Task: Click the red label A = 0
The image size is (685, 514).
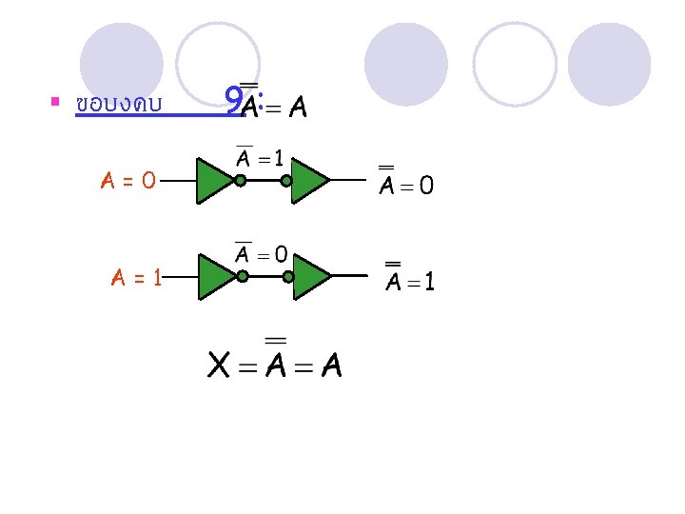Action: click(x=129, y=178)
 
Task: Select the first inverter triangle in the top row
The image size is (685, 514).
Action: click(x=213, y=180)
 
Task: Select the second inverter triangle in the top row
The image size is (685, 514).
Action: click(x=308, y=180)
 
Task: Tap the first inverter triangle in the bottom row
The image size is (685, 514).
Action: click(x=215, y=277)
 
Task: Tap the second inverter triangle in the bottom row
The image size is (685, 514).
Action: click(x=310, y=277)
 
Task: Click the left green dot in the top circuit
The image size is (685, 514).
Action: click(x=241, y=180)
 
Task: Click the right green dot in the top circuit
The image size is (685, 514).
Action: click(x=286, y=180)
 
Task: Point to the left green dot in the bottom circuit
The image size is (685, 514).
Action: click(x=243, y=277)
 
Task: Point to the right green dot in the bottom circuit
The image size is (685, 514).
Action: click(x=288, y=277)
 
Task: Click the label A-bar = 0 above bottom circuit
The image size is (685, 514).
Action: click(x=262, y=253)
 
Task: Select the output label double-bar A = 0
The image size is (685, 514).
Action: click(x=406, y=184)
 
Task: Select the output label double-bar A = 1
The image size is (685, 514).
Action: click(x=410, y=281)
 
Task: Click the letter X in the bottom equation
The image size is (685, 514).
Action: click(x=219, y=365)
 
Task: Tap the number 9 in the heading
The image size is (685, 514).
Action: click(x=233, y=99)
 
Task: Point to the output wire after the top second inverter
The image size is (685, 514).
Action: click(x=348, y=180)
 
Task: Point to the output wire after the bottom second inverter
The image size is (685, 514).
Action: click(x=350, y=276)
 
